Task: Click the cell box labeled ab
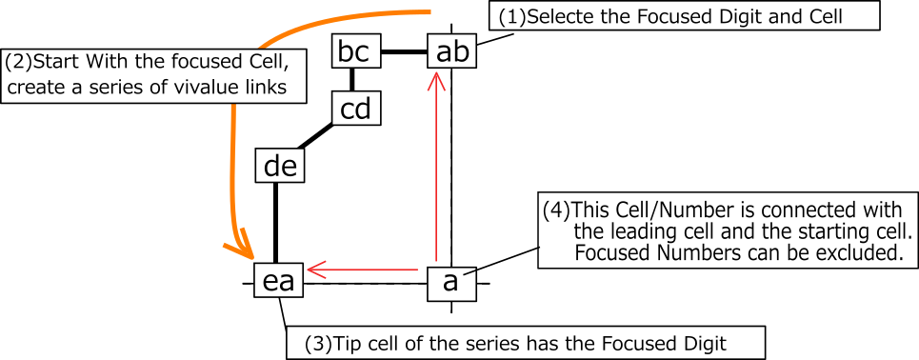[x=451, y=51]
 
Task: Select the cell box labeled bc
[x=353, y=50]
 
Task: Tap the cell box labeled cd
[x=355, y=109]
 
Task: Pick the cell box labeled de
[x=281, y=167]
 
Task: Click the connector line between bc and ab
[x=404, y=52]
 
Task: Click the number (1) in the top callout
[x=509, y=16]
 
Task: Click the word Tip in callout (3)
[x=347, y=342]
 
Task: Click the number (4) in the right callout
[x=554, y=209]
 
